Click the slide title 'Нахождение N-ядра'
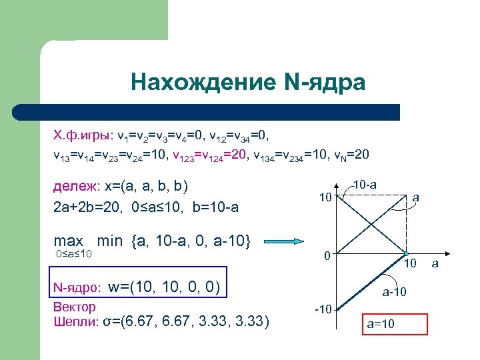click(x=248, y=83)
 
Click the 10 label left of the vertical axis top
click(x=325, y=198)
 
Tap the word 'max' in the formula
click(x=68, y=241)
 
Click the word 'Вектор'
click(x=74, y=307)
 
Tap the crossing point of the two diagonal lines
click(x=373, y=225)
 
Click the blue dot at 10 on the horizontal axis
click(x=406, y=254)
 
